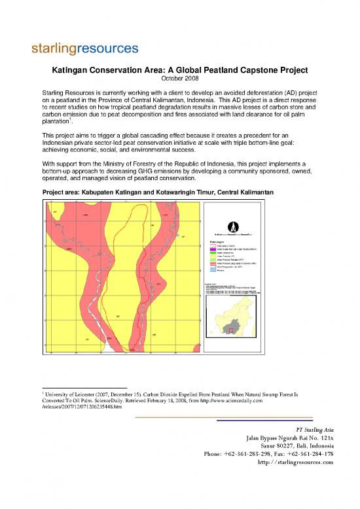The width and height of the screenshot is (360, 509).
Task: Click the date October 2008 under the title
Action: click(181, 78)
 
